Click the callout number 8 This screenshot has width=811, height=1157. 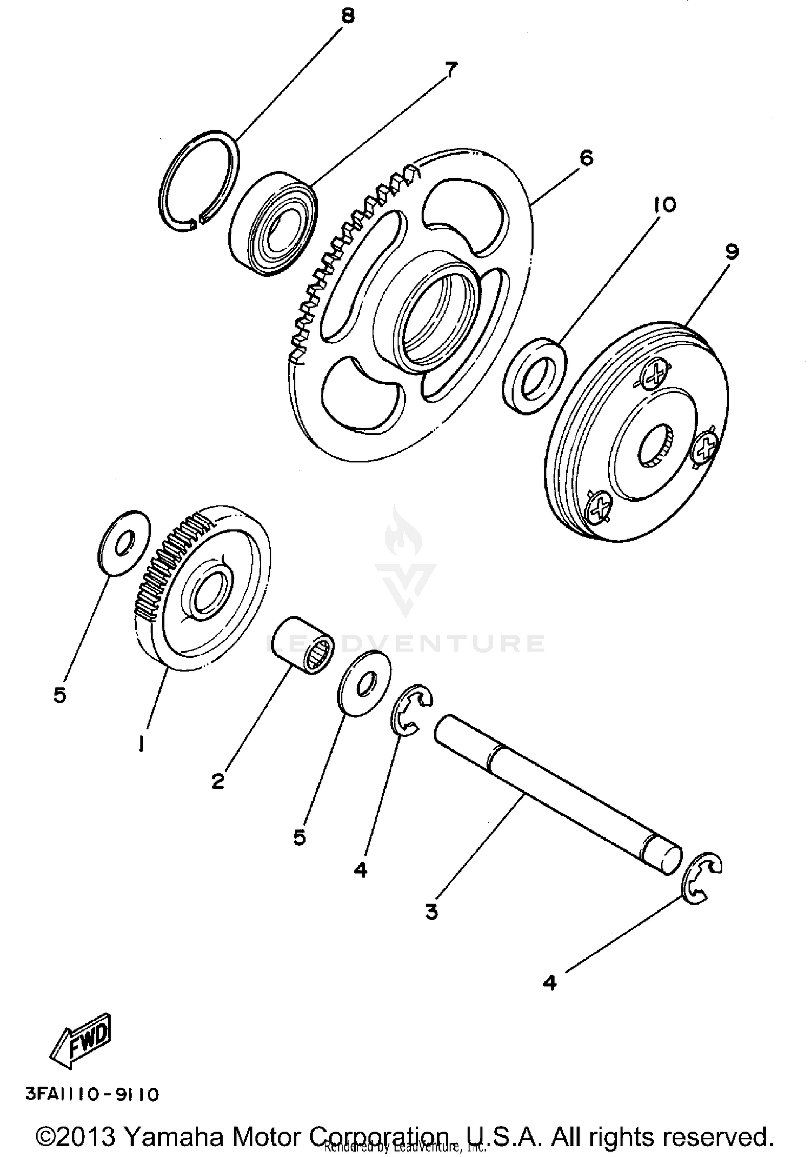(348, 16)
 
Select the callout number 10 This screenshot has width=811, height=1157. (664, 205)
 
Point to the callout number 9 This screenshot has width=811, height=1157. (732, 252)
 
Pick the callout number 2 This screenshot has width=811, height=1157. (217, 781)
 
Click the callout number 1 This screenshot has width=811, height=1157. (141, 745)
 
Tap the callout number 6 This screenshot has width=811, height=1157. (586, 158)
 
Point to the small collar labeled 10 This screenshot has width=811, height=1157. (534, 376)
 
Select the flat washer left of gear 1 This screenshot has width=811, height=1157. (125, 542)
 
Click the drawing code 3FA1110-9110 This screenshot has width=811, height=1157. (92, 1095)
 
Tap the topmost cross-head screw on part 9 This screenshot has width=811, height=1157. (656, 373)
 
